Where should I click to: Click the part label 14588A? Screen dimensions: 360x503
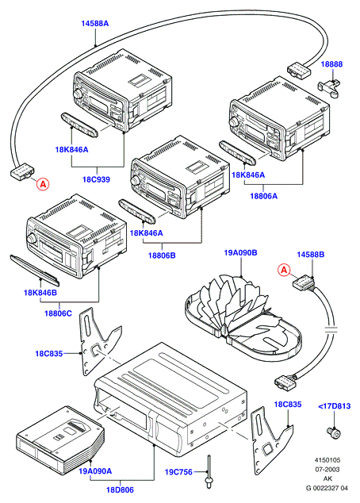click(94, 24)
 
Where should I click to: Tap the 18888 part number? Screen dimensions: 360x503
click(331, 64)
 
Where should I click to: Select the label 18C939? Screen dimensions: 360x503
click(96, 179)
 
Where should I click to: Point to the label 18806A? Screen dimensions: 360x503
click(263, 196)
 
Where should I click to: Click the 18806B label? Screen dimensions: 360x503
click(162, 255)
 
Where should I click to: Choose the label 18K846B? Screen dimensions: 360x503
click(40, 293)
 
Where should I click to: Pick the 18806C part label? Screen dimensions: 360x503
click(58, 313)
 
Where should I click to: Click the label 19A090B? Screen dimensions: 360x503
click(240, 253)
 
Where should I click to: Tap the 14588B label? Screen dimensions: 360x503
click(310, 255)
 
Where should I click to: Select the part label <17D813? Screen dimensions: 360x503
click(335, 406)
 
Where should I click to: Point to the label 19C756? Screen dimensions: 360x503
click(178, 472)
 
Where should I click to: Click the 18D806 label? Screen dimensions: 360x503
click(121, 490)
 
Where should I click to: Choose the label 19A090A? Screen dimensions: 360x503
click(95, 471)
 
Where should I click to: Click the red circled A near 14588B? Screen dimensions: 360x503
click(284, 270)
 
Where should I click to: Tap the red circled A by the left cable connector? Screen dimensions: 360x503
click(43, 184)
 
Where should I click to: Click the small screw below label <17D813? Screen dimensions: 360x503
click(334, 432)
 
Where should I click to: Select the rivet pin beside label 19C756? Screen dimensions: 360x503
click(209, 472)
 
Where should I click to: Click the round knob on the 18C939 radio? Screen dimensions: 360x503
click(77, 94)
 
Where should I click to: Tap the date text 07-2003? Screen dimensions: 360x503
click(327, 470)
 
